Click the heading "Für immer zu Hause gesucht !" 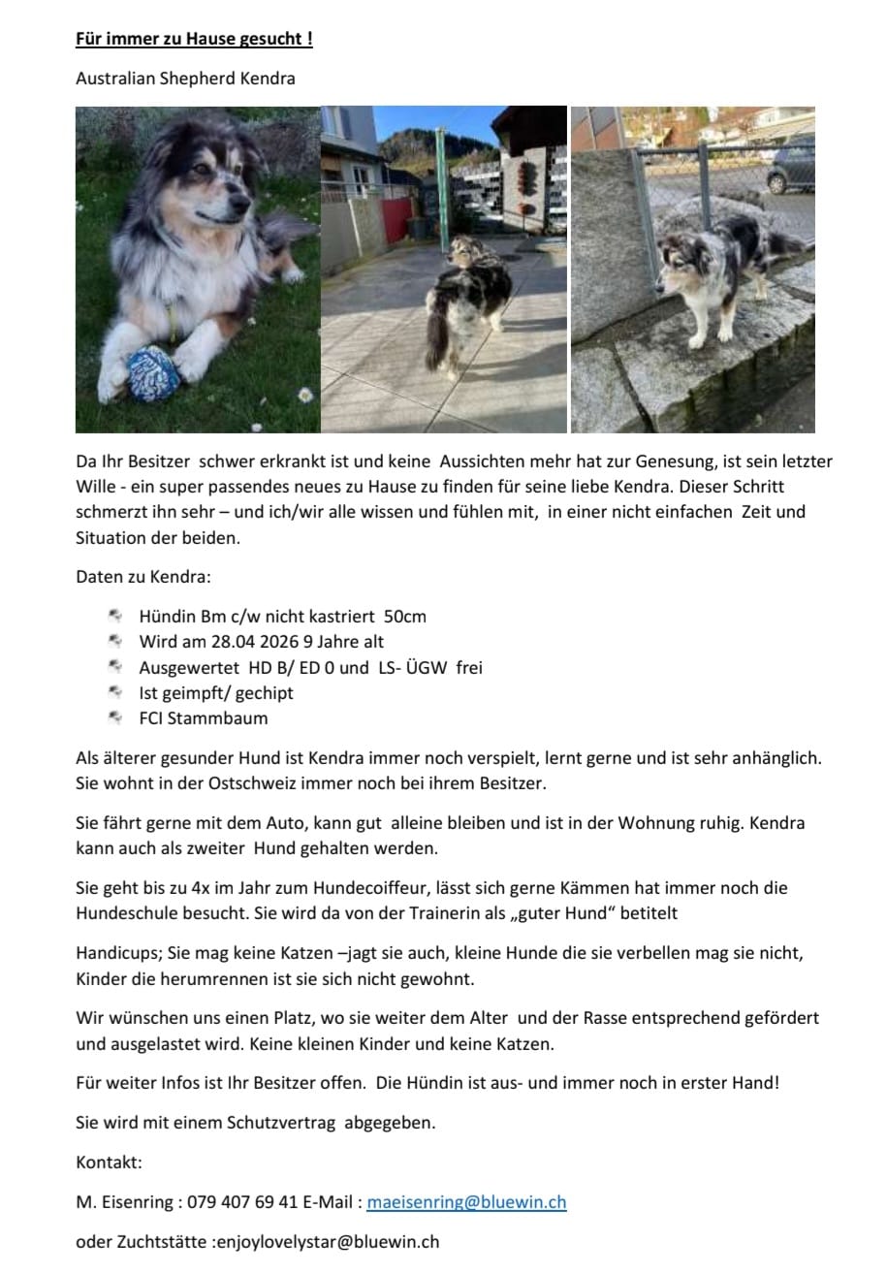click(194, 40)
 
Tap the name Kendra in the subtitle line click(268, 79)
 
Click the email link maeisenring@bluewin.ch click(466, 1202)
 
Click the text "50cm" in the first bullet click(404, 616)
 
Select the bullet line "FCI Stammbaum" click(203, 718)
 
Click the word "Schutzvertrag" click(281, 1123)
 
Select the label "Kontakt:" click(109, 1163)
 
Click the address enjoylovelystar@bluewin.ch click(326, 1241)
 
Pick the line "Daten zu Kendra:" click(142, 577)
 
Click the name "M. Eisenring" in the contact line click(125, 1202)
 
